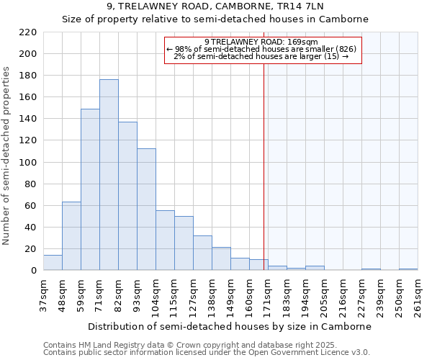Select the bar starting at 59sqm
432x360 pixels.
[90, 189]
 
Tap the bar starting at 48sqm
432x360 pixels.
[71, 236]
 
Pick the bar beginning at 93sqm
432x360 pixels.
[146, 210]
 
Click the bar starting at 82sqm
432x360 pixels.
[127, 196]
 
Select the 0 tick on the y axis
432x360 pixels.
[33, 271]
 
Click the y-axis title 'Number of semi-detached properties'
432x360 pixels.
[7, 156]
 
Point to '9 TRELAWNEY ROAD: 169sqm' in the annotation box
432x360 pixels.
[261, 42]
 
